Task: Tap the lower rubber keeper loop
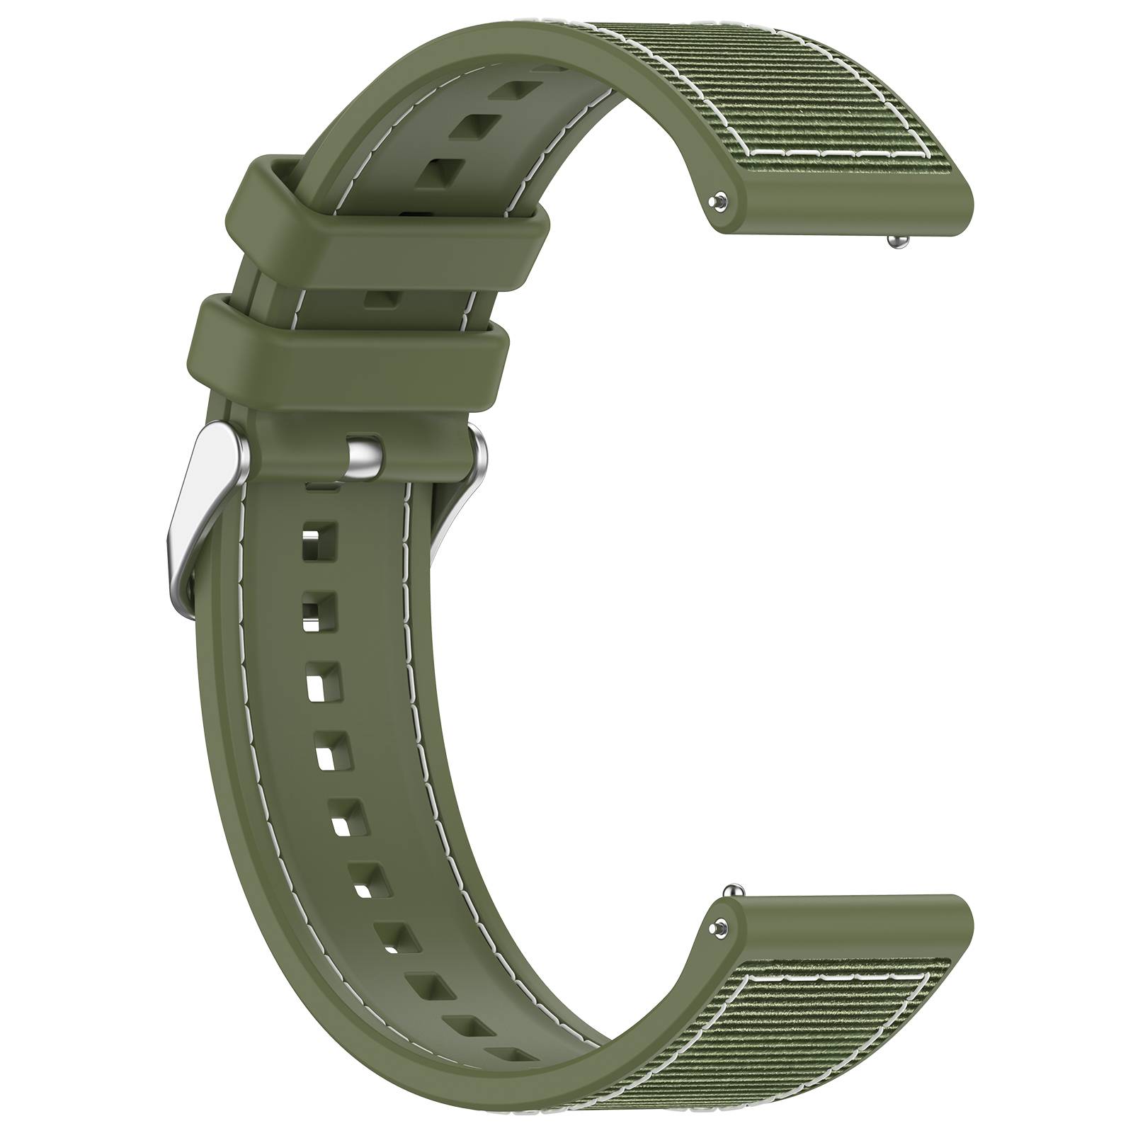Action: tap(354, 337)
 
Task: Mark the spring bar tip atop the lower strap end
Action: tap(734, 889)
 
